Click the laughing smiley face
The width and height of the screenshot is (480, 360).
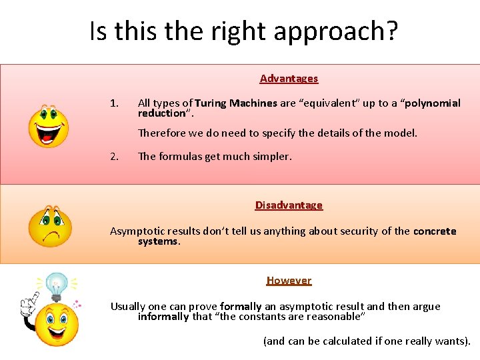(x=48, y=126)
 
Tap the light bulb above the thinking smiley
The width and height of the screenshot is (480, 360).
(x=56, y=287)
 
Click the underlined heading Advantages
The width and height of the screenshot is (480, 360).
(x=289, y=79)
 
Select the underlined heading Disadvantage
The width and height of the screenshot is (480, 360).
(x=289, y=205)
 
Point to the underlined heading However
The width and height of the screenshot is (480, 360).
(x=289, y=281)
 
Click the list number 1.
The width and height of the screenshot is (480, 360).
(x=114, y=103)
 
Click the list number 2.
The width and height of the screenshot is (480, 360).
(x=114, y=157)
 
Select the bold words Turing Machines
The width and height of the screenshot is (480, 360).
(x=236, y=103)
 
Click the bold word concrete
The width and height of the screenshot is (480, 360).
(x=435, y=231)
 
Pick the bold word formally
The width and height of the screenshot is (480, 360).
(x=241, y=307)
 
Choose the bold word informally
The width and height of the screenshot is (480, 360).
(x=163, y=317)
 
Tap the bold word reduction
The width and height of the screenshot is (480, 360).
(x=161, y=113)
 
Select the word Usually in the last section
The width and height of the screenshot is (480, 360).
(x=128, y=307)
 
